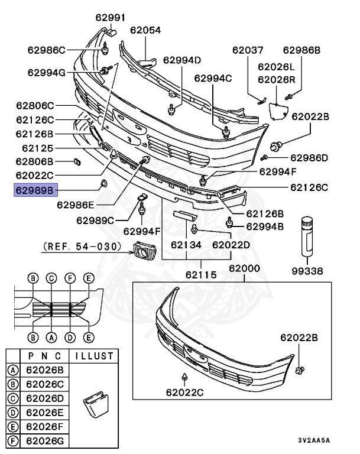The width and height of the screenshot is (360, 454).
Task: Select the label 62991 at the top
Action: click(112, 17)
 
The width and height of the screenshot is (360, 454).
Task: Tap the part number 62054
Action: click(145, 30)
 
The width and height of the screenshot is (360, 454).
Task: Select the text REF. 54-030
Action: click(82, 245)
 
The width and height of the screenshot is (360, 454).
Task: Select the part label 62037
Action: click(248, 50)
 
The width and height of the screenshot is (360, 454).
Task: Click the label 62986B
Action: click(301, 50)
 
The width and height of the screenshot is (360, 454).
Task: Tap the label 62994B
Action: click(264, 226)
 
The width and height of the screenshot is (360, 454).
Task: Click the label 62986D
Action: click(309, 158)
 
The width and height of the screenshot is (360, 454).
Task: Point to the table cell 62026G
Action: click(45, 440)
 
